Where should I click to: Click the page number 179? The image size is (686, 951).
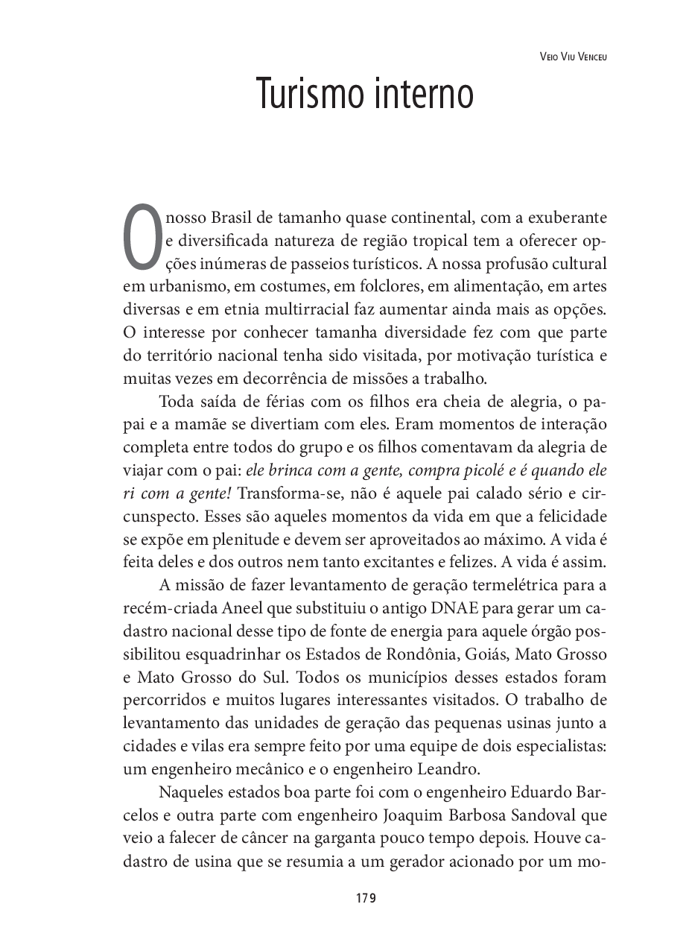click(366, 897)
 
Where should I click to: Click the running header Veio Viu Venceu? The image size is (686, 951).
click(571, 57)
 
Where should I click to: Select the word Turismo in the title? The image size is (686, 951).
click(303, 95)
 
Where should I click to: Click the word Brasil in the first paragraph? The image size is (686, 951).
click(234, 218)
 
